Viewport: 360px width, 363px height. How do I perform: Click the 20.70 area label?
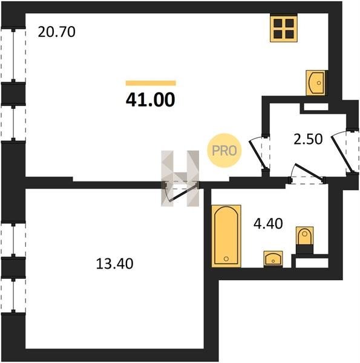click(x=56, y=32)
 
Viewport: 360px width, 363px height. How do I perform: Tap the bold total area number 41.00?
click(x=151, y=100)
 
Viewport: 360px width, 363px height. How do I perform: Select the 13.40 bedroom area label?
click(x=114, y=264)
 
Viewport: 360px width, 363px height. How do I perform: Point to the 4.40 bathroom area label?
click(x=268, y=224)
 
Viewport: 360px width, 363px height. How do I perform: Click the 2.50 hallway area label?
click(x=308, y=139)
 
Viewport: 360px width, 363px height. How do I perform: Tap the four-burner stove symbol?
click(x=284, y=28)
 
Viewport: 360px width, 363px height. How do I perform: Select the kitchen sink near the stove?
click(x=315, y=83)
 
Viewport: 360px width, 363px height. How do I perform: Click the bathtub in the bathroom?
click(x=226, y=236)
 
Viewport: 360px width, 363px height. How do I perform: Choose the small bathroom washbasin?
click(x=273, y=258)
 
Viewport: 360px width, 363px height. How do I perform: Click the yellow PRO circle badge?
click(x=224, y=151)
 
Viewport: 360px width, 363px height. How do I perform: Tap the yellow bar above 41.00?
click(x=151, y=83)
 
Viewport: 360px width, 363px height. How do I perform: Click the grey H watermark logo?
click(x=180, y=178)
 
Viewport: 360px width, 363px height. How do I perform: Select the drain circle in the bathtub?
click(x=226, y=258)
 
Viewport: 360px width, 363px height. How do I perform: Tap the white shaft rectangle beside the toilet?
click(x=312, y=263)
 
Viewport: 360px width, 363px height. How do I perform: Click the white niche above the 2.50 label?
click(x=316, y=106)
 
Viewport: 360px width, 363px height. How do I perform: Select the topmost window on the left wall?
click(x=13, y=56)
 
